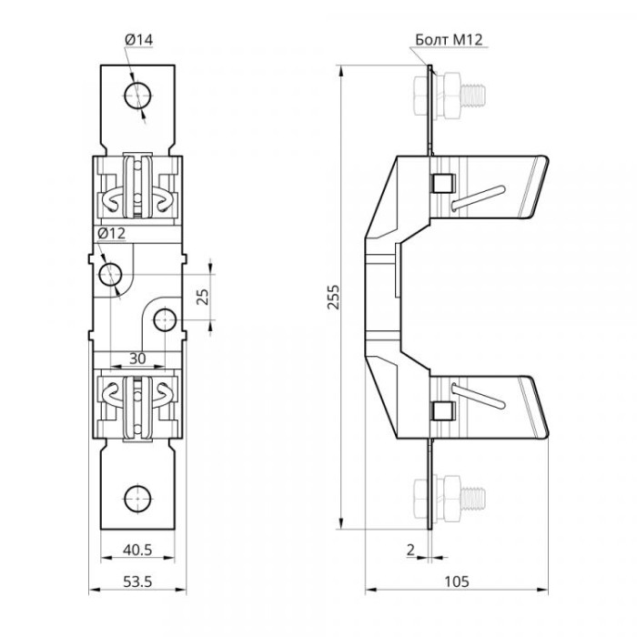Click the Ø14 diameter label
(x=139, y=40)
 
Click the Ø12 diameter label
(x=112, y=234)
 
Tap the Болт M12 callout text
(x=449, y=40)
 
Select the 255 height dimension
(x=333, y=297)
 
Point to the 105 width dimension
(x=456, y=581)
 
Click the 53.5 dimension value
(x=137, y=581)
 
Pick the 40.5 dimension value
(x=137, y=550)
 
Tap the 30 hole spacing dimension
(x=137, y=359)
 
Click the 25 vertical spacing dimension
(x=202, y=297)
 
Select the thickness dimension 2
(x=410, y=550)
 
